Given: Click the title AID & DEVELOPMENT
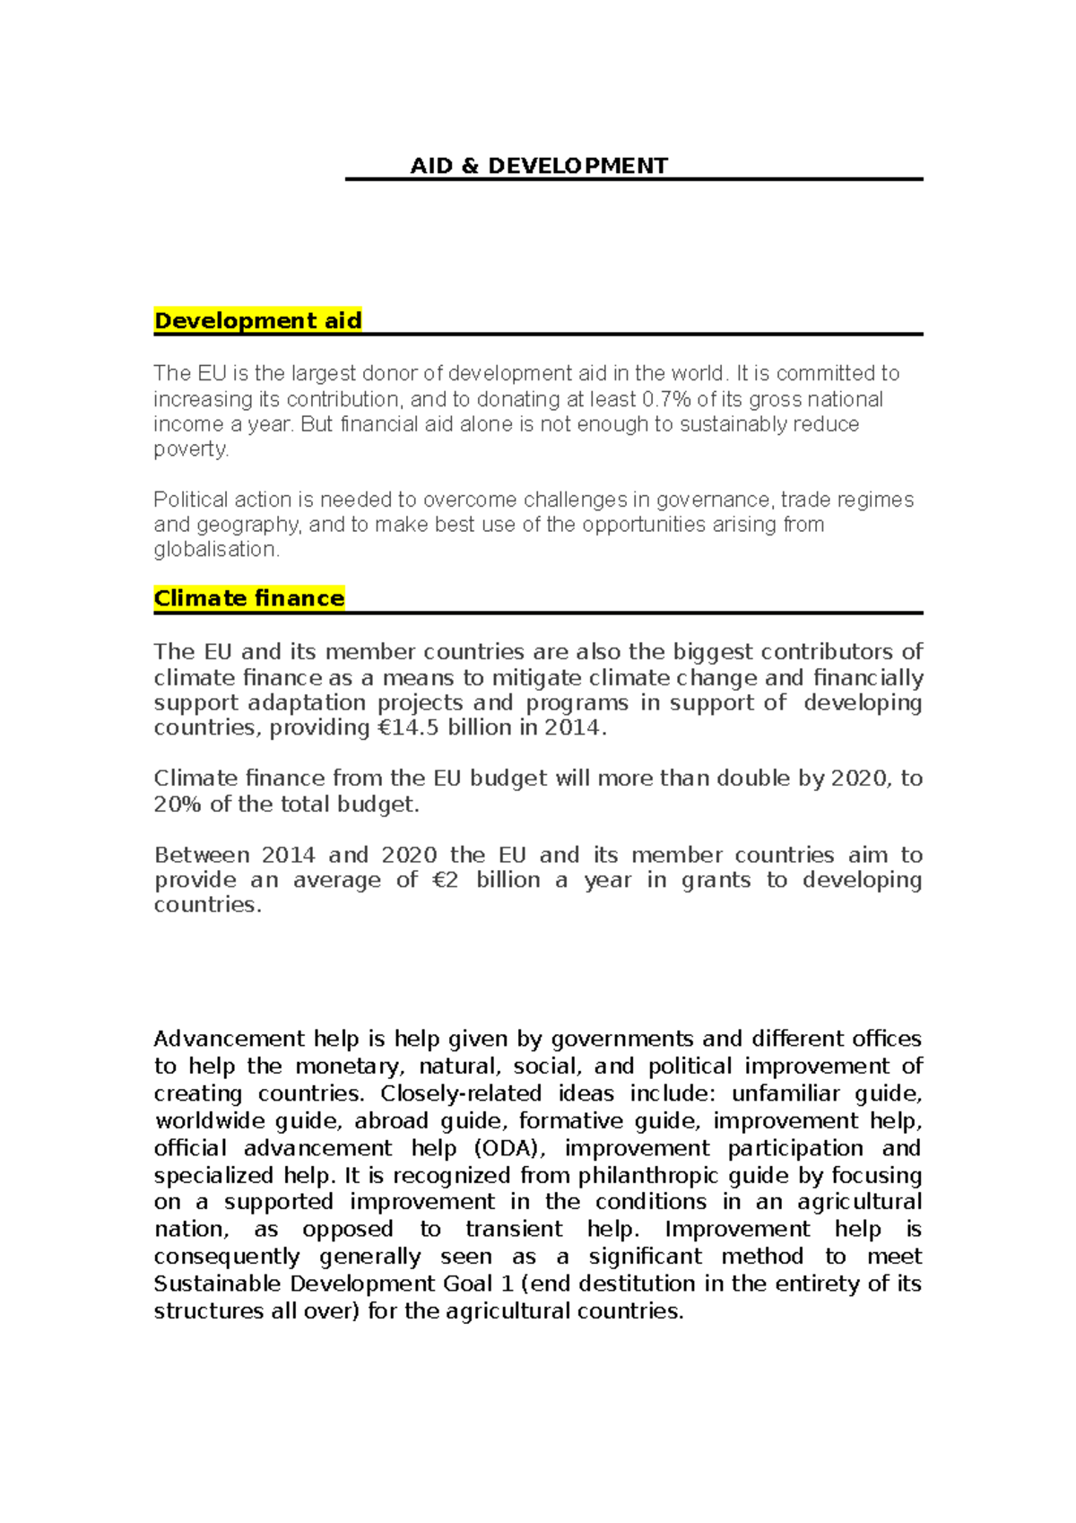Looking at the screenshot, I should pos(539,166).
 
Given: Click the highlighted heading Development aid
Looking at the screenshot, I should pos(257,321).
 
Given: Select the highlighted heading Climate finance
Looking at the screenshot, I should pos(248,598).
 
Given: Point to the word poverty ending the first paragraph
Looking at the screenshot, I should pos(190,449).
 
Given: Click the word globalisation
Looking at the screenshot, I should pos(215,550).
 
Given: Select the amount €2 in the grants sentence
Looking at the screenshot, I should pos(445,880).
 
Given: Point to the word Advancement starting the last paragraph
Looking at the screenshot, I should pos(230,1039).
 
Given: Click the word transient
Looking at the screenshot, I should pos(513,1229).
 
